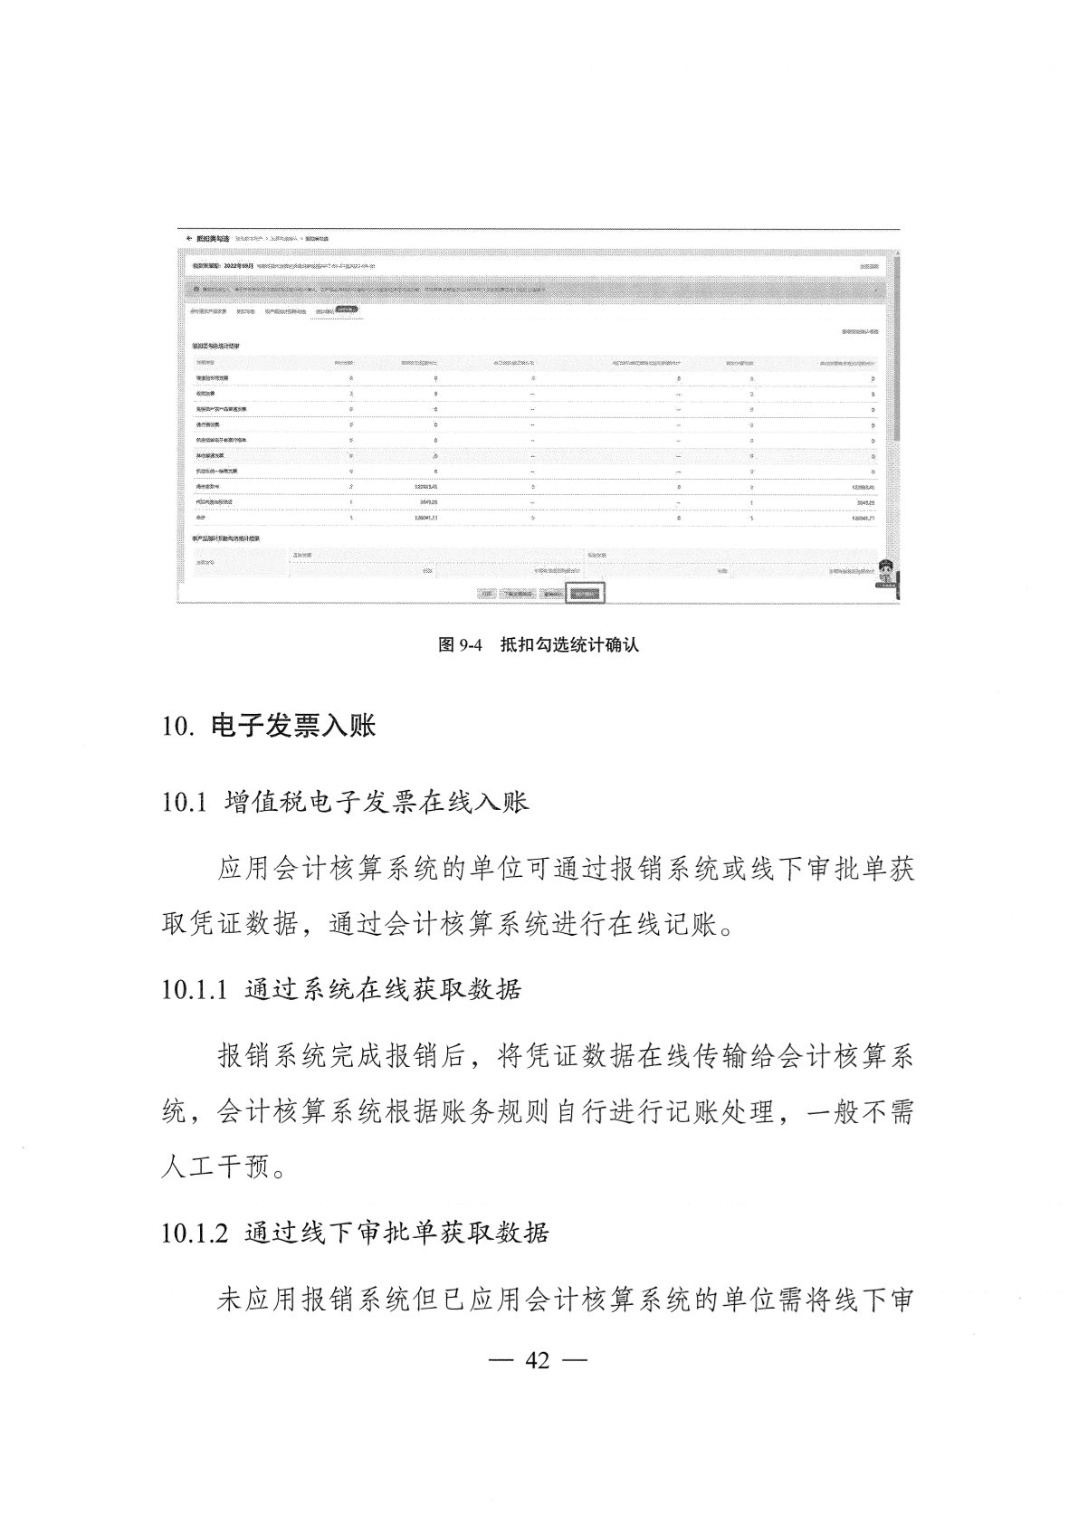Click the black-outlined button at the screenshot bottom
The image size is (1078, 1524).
[586, 594]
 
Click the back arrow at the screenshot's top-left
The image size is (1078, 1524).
[187, 238]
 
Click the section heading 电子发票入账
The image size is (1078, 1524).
[292, 726]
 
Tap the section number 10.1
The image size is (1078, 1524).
[185, 803]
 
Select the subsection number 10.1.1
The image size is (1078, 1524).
[193, 989]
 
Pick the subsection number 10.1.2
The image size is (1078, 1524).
[193, 1233]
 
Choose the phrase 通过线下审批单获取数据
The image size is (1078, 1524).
[396, 1233]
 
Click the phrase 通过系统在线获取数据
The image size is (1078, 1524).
[383, 989]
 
